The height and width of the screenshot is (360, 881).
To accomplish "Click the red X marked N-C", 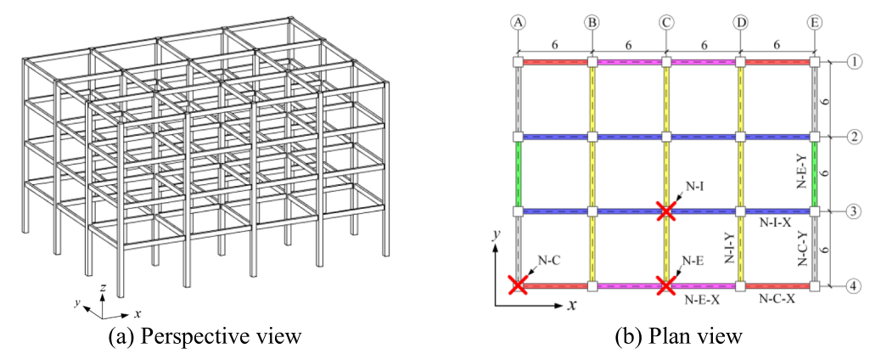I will coord(518,285).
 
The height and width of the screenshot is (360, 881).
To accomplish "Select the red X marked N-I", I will coord(665,211).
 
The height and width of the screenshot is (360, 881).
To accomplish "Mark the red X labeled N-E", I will coord(665,285).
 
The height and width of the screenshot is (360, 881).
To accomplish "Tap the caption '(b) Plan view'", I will coord(679,336).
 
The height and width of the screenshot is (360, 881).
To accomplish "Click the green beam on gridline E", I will coord(814,173).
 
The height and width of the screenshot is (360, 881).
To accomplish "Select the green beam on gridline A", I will coord(518,173).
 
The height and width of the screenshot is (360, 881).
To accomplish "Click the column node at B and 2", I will coord(592,137).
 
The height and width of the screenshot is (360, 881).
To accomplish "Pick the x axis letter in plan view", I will coord(573,303).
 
